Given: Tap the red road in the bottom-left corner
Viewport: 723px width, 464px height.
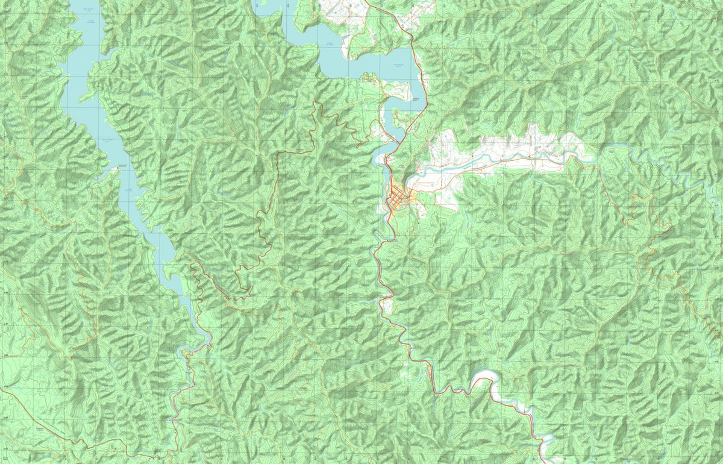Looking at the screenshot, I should pyautogui.click(x=36, y=422).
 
